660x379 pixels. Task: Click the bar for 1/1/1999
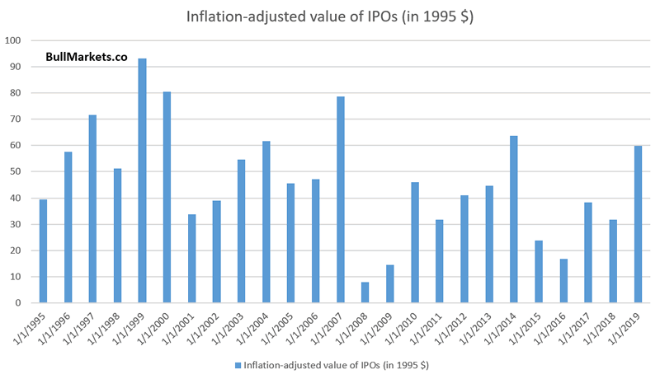[142, 181]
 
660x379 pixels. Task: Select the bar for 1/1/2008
[365, 292]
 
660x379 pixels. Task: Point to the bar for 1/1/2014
[513, 219]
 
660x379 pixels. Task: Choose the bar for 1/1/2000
[167, 198]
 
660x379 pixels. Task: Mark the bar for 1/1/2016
[563, 281]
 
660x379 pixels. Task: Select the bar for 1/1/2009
[389, 284]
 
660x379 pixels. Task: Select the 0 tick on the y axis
[18, 303]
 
